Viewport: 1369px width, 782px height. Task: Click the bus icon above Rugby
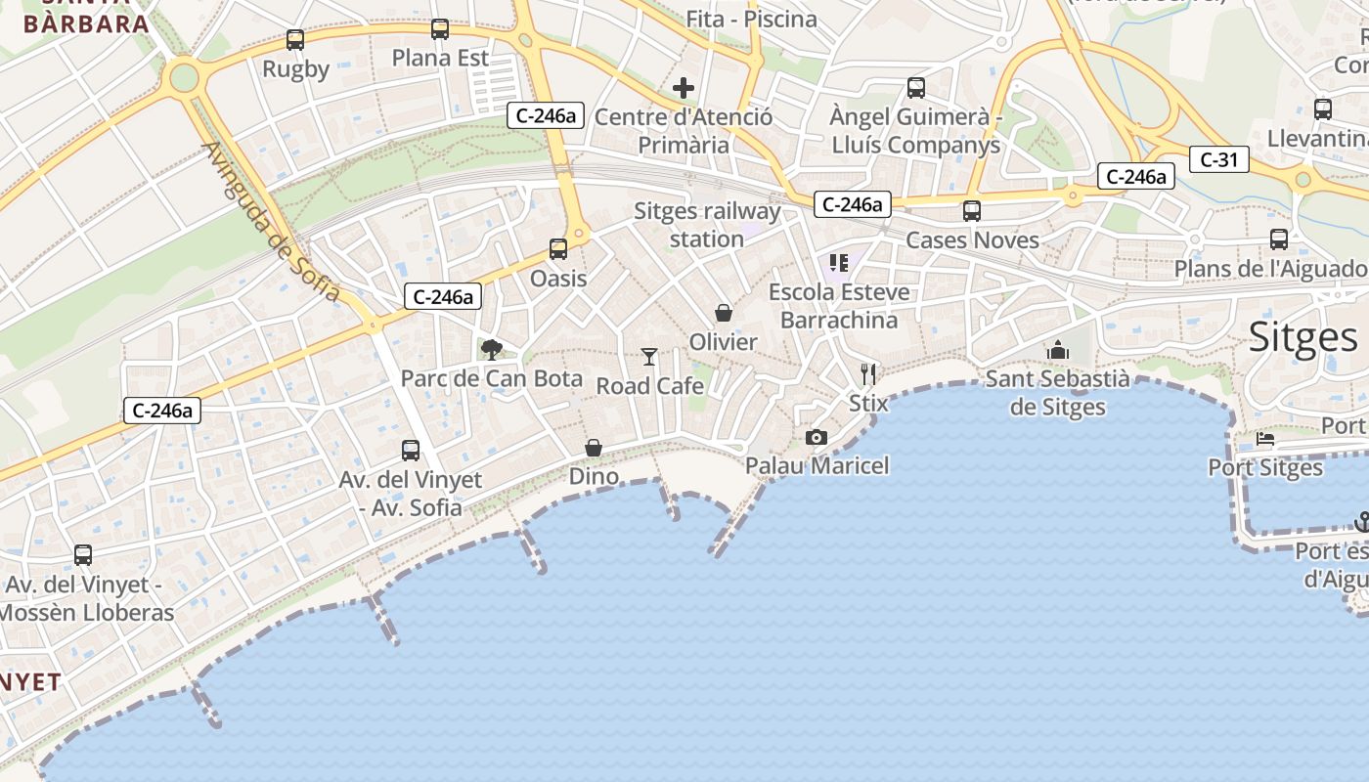[294, 40]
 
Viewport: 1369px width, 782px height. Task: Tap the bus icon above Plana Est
[440, 29]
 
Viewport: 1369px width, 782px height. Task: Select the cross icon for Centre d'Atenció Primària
[684, 89]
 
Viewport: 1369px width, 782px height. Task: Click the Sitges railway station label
[707, 225]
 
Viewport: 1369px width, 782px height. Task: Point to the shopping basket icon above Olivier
[724, 313]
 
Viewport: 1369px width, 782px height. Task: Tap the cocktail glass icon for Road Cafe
[649, 357]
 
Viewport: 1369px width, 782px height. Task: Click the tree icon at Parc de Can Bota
[492, 349]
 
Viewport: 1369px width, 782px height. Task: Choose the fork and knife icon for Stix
[868, 373]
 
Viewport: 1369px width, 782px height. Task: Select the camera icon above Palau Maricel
[817, 437]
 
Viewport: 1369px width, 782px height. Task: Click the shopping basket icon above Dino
[594, 448]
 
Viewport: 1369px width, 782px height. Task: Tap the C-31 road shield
[1219, 159]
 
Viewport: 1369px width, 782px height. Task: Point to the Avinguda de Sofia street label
[271, 222]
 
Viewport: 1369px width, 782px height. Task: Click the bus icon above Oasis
[558, 249]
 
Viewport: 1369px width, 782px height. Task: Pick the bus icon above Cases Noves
[971, 211]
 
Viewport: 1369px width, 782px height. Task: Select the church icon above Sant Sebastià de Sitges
[1057, 350]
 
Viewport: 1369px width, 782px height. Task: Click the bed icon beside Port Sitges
[1265, 439]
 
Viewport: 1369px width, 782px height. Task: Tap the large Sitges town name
[1303, 337]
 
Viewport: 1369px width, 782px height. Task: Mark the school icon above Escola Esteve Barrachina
[838, 262]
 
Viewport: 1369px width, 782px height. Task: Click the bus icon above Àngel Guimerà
[916, 88]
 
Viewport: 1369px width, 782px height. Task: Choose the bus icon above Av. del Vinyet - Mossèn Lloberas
[83, 555]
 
